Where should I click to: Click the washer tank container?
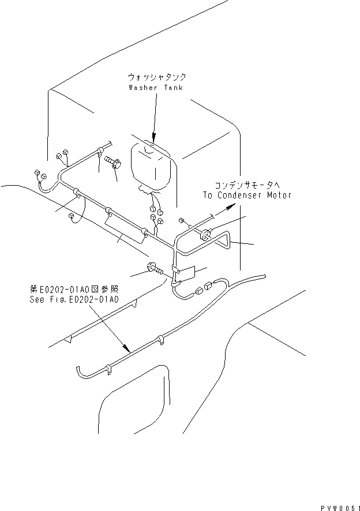(x=151, y=164)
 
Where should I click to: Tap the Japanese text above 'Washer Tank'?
(x=157, y=77)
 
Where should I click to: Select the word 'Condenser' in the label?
(x=245, y=195)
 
